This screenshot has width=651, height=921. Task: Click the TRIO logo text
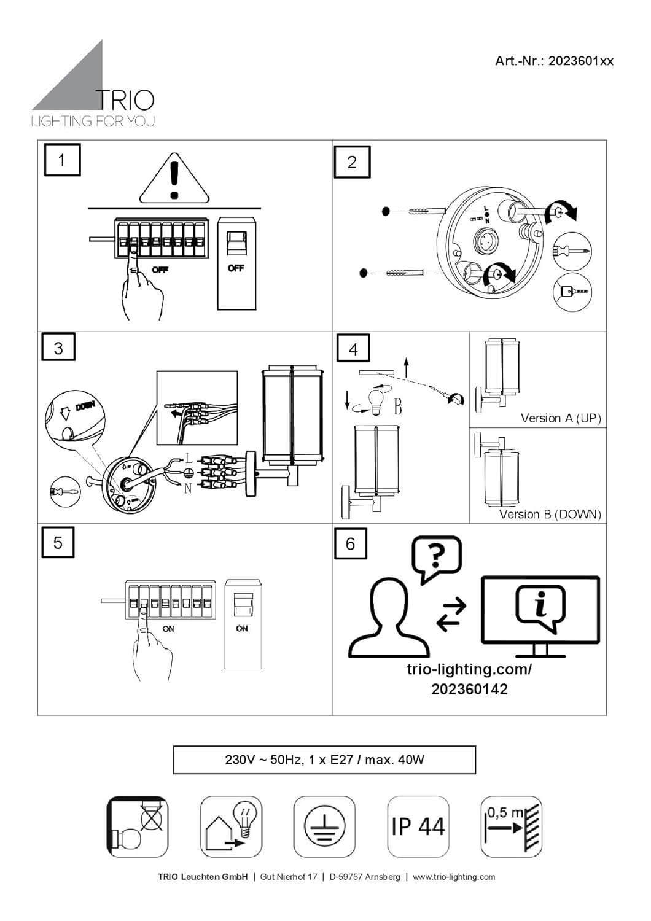(x=125, y=99)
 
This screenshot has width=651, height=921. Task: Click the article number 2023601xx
(x=554, y=61)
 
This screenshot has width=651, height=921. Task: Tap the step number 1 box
(x=61, y=160)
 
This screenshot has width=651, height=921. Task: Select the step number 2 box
(x=352, y=162)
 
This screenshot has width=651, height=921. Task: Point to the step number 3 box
(x=58, y=348)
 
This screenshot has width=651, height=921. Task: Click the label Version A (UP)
(x=561, y=418)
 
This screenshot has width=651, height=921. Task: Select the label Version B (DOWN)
(x=550, y=514)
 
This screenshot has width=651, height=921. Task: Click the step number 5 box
(x=58, y=542)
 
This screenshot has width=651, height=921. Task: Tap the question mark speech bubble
(x=437, y=557)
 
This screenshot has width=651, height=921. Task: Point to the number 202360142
(x=469, y=689)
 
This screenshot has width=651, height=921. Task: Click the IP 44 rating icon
(x=418, y=826)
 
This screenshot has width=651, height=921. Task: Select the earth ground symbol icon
(x=324, y=826)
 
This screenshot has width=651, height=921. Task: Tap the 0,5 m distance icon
(x=511, y=826)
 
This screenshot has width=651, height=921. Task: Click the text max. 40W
(x=394, y=760)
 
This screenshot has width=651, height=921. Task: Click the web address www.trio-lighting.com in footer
(x=453, y=877)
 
